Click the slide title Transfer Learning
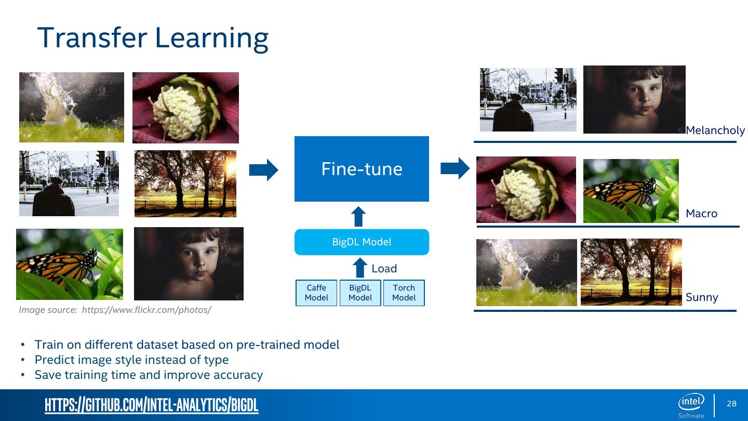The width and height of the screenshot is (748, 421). tap(153, 37)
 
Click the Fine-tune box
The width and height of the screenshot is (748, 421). tap(362, 169)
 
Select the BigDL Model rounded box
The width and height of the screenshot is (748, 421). tap(362, 242)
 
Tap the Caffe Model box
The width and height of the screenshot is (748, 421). tap(316, 293)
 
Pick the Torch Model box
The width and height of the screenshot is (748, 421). tap(404, 293)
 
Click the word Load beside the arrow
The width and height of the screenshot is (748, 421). tap(384, 269)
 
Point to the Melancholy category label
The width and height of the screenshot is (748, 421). tap(715, 130)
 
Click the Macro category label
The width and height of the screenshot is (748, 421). tap(701, 214)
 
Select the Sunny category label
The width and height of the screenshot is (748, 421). tap(701, 297)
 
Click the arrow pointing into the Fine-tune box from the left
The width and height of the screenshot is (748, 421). tap(263, 169)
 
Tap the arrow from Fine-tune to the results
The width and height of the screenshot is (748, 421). tap(455, 168)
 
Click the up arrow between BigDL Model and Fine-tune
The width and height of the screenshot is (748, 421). tap(358, 216)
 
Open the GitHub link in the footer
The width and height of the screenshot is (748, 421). tap(151, 405)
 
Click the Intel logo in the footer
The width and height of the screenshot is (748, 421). tap(691, 403)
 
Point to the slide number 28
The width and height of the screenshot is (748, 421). tap(731, 404)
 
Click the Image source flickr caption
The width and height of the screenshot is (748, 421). tap(115, 310)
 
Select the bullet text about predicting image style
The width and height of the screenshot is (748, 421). tap(131, 360)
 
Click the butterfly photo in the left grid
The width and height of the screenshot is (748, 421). tap(70, 264)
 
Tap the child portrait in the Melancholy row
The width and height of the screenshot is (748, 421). tap(634, 99)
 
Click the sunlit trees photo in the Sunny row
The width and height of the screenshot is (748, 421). tap(631, 272)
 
